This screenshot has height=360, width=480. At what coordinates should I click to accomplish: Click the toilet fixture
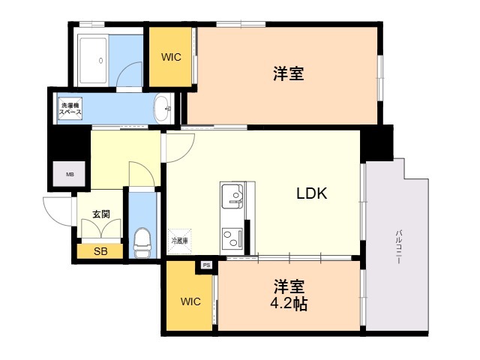tap(142, 243)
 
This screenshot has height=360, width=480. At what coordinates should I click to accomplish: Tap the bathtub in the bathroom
tap(93, 60)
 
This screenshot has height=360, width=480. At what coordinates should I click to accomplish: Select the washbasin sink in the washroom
tap(162, 108)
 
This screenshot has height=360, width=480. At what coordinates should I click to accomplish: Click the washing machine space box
tap(70, 108)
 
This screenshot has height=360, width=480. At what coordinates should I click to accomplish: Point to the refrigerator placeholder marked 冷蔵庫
tap(180, 241)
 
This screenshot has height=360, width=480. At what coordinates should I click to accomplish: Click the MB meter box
tap(69, 174)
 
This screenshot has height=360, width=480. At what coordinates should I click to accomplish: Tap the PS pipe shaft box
tap(207, 265)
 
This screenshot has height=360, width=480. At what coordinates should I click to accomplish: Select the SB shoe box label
tap(100, 251)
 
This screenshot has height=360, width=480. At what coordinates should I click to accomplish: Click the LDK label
tap(312, 193)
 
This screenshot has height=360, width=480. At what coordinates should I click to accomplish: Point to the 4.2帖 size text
tap(289, 304)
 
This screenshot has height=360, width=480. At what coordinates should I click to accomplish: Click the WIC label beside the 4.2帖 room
tap(190, 301)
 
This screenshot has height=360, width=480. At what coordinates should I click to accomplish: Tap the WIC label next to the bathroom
tap(171, 57)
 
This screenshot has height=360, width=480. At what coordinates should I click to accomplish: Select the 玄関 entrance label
tap(101, 214)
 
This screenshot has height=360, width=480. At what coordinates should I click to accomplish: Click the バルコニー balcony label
tap(398, 247)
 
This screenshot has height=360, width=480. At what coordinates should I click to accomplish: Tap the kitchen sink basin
tap(232, 196)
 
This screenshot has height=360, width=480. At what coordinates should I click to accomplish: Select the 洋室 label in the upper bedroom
tap(289, 73)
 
